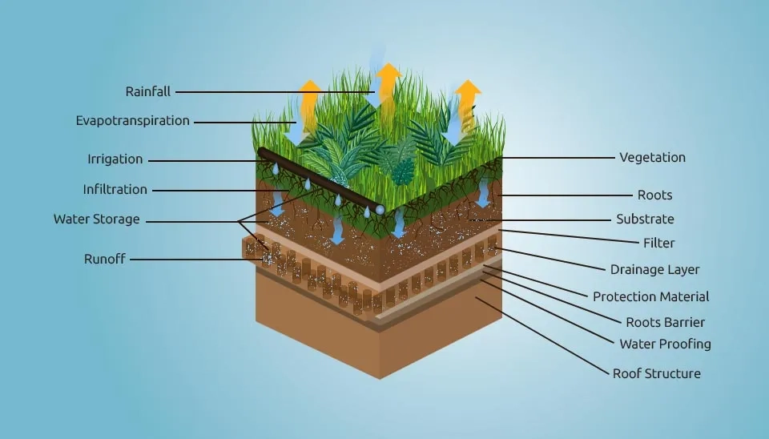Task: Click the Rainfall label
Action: [x=148, y=91]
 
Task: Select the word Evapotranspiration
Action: [x=133, y=121]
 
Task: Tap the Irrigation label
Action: [x=115, y=159]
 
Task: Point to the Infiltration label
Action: [x=115, y=190]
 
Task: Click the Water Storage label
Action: [x=97, y=219]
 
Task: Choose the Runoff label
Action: [x=105, y=259]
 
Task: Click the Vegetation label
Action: [x=652, y=158]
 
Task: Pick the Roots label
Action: [x=654, y=195]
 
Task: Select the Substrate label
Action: [x=645, y=219]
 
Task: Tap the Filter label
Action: [x=658, y=243]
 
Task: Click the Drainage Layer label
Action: [x=654, y=270]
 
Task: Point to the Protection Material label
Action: [x=650, y=296]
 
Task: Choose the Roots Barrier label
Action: [x=665, y=323]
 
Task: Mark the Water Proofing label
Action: [x=665, y=344]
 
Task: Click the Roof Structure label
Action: [x=656, y=373]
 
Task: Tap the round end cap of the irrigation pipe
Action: [x=380, y=209]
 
